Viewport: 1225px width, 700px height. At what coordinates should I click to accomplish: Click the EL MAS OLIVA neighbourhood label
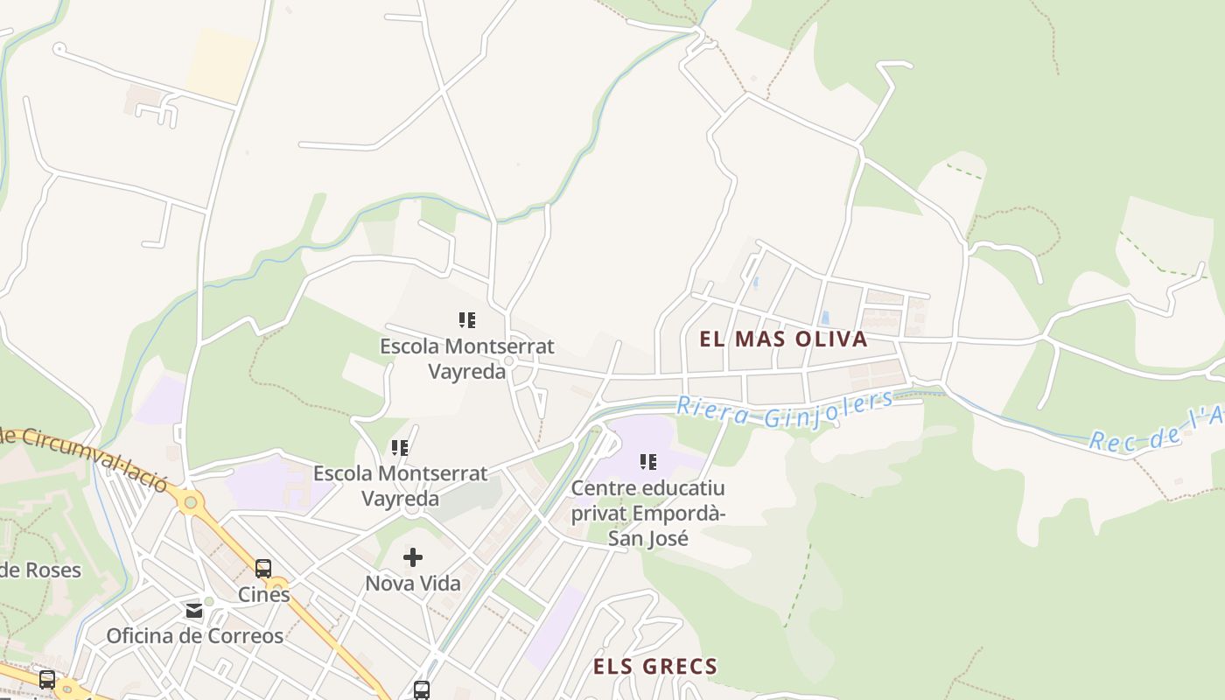pos(783,339)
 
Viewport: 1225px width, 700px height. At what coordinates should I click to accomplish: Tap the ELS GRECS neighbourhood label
pos(655,667)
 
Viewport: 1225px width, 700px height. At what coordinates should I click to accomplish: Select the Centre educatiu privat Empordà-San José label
pos(648,512)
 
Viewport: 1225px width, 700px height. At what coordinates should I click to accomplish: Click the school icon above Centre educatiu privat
pos(648,461)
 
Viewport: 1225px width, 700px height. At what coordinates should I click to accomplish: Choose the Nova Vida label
pos(413,583)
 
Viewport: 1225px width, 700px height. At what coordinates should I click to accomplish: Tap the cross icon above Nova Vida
pos(413,557)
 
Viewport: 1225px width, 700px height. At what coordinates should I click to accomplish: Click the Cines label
pos(264,594)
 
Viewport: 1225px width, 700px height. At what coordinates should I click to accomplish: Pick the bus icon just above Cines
pos(263,569)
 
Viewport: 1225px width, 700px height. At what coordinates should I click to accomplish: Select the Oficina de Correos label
pos(194,636)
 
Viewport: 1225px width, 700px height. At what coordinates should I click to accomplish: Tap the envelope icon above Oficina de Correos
pos(194,610)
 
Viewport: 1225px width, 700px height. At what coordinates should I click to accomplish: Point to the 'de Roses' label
pos(40,570)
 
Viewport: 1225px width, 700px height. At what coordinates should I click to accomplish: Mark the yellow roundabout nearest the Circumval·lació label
pos(190,501)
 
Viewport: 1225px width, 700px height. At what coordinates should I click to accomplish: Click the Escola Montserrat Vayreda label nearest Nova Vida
pos(400,486)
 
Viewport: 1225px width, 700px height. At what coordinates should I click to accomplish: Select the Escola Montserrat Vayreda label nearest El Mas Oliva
pos(466,359)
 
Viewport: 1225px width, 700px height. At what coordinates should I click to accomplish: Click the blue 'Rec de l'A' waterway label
pos(1155,429)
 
